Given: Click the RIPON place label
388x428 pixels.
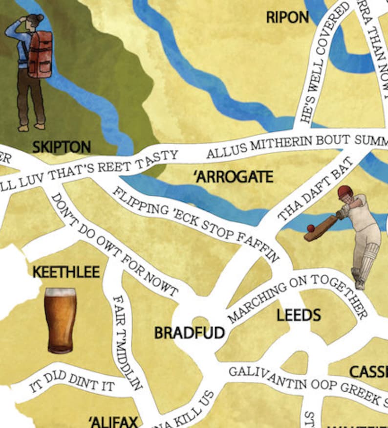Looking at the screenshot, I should (287, 18).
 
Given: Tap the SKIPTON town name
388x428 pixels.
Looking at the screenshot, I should (62, 147).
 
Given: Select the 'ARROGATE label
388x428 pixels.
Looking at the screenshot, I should (234, 177).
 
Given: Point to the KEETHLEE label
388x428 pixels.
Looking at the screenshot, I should (66, 272).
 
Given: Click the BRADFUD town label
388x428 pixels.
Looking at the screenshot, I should (189, 333).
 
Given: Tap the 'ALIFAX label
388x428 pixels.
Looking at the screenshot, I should (114, 421).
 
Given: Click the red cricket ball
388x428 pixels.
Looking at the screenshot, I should (310, 228).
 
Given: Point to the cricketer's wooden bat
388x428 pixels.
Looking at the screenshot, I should (321, 228).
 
